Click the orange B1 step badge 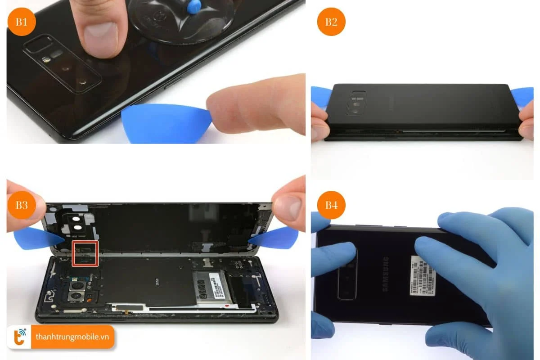(x=22, y=22)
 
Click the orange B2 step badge (x=331, y=22)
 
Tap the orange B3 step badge (x=22, y=205)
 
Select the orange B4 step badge (x=331, y=205)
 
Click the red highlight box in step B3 (x=85, y=253)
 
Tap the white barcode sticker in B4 (x=423, y=275)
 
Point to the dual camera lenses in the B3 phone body (x=77, y=291)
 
